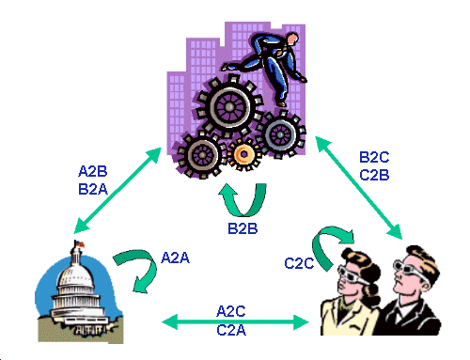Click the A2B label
coord(93,171)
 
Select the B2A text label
coord(93,189)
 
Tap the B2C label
coord(374,157)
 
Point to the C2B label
coord(374,175)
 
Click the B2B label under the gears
coord(243,228)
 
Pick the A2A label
coord(175,258)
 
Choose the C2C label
coord(299,263)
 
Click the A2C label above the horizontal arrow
coord(231,311)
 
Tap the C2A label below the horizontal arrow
coord(231,330)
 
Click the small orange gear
coord(243,154)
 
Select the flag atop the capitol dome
coord(80,243)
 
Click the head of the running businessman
coord(292,39)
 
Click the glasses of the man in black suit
coord(408,269)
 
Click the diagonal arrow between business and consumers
coord(358,187)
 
